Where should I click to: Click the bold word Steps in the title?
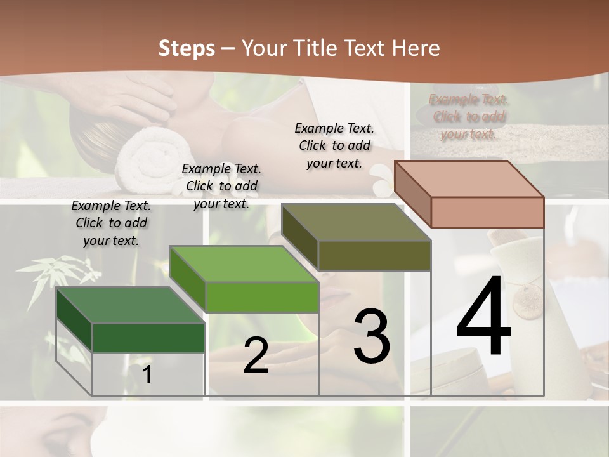coord(187,48)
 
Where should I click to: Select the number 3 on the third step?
coord(372,336)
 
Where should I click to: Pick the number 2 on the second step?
coord(256,355)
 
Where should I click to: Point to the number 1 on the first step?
coord(147,374)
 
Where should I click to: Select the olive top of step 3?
coord(355,222)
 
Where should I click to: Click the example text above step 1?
coord(111,223)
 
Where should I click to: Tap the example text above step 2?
coord(221,186)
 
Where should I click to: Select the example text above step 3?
coord(334,145)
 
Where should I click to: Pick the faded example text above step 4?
coord(468,117)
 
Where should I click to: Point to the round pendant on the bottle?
coord(528,297)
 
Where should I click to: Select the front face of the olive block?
coord(374,256)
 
